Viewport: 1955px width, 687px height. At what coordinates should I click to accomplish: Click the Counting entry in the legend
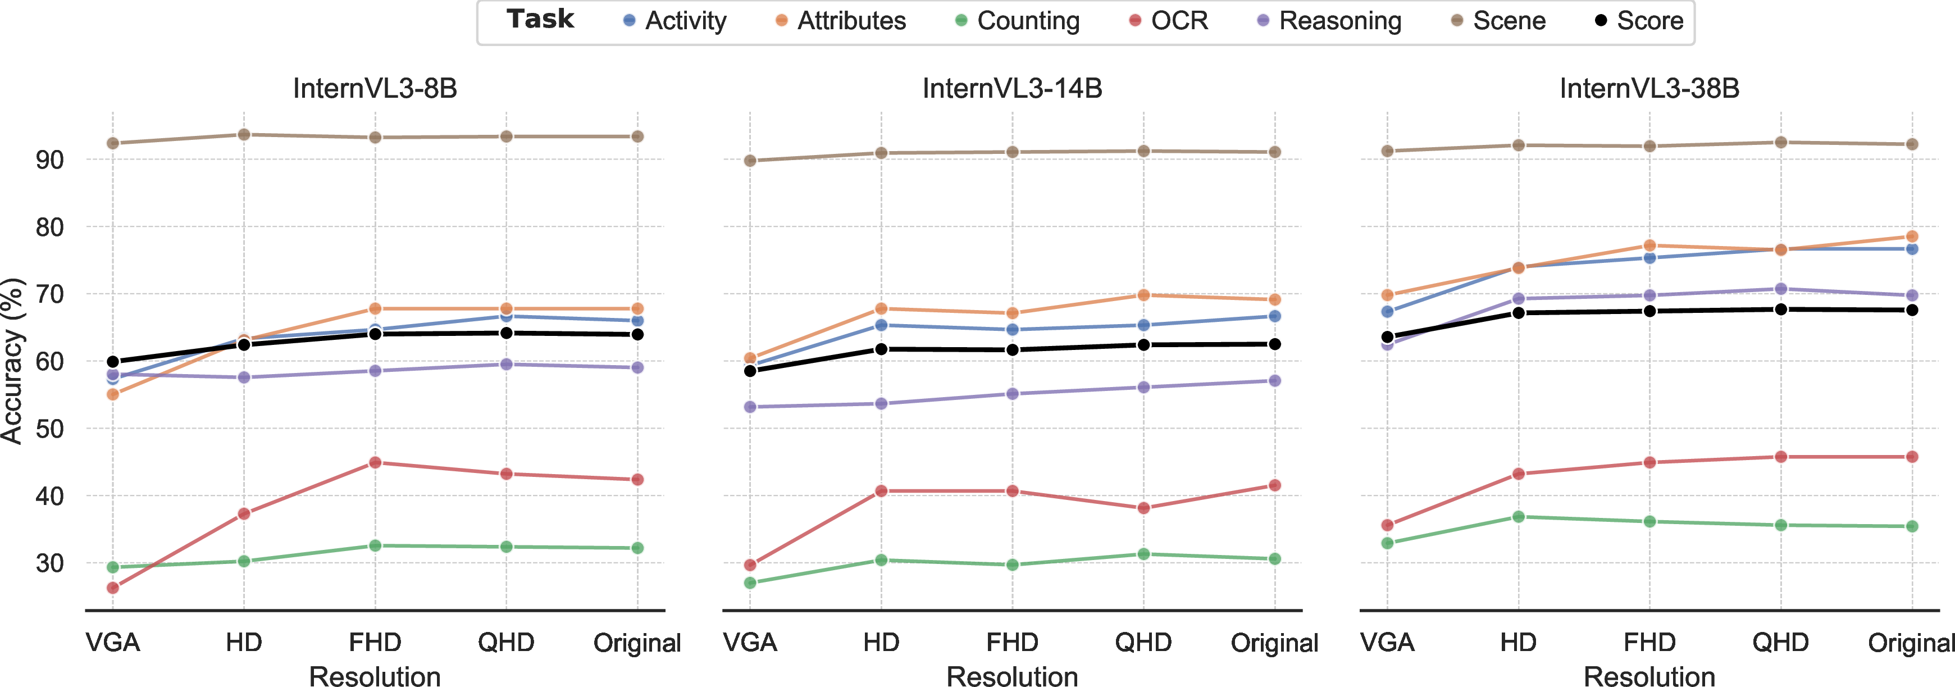click(x=1017, y=20)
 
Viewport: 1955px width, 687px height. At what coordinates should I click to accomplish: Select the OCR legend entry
click(x=1169, y=20)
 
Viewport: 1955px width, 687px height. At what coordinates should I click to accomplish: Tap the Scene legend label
click(x=1499, y=20)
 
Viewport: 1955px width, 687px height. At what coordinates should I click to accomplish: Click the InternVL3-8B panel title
click(x=375, y=88)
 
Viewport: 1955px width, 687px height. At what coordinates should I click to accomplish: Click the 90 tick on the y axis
click(x=50, y=160)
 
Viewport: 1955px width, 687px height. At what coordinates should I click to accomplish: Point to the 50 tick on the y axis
click(x=50, y=429)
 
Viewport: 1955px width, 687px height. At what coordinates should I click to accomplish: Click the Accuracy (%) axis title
click(x=13, y=361)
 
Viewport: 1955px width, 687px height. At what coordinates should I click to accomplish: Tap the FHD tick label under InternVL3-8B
click(x=375, y=643)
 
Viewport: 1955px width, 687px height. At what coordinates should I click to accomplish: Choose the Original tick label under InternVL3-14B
click(x=1274, y=643)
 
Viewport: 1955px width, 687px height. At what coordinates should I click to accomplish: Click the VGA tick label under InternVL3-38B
click(x=1387, y=643)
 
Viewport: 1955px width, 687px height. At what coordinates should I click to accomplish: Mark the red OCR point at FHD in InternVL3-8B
click(x=375, y=462)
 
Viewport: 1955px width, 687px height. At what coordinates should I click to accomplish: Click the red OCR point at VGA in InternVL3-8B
click(x=113, y=588)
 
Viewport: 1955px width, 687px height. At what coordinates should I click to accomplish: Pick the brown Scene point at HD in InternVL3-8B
click(x=244, y=134)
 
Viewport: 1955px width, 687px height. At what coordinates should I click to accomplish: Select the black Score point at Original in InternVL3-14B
click(x=1275, y=344)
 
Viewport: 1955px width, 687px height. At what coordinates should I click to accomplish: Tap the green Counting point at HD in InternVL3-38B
click(x=1519, y=516)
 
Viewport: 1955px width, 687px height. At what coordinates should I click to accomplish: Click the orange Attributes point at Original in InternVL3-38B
click(x=1912, y=236)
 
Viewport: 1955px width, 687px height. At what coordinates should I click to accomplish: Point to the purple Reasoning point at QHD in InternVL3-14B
click(x=1143, y=387)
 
